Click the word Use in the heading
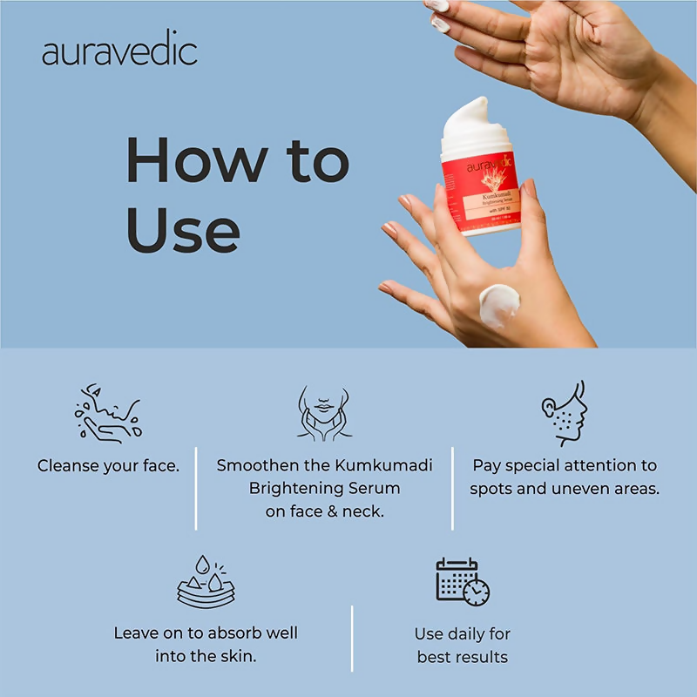pyautogui.click(x=183, y=230)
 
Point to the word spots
pyautogui.click(x=492, y=489)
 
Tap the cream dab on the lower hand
pyautogui.click(x=499, y=304)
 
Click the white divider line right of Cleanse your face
pyautogui.click(x=196, y=488)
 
